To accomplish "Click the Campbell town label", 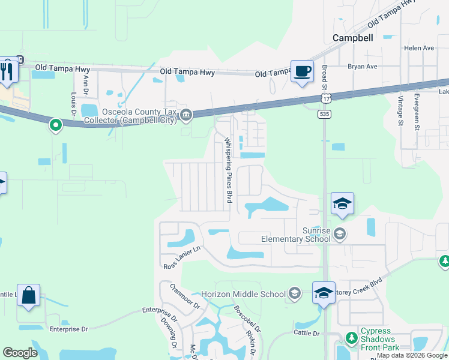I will (352, 38).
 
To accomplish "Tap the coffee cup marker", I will (302, 71).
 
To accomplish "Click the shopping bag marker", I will (28, 295).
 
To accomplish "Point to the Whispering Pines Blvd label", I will (228, 170).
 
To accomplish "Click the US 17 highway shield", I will (325, 97).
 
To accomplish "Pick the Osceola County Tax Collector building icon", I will (186, 115).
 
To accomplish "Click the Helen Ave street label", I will (419, 48).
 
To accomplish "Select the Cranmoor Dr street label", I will (184, 296).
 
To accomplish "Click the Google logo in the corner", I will (20, 353).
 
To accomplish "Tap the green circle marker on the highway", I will (55, 125).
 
